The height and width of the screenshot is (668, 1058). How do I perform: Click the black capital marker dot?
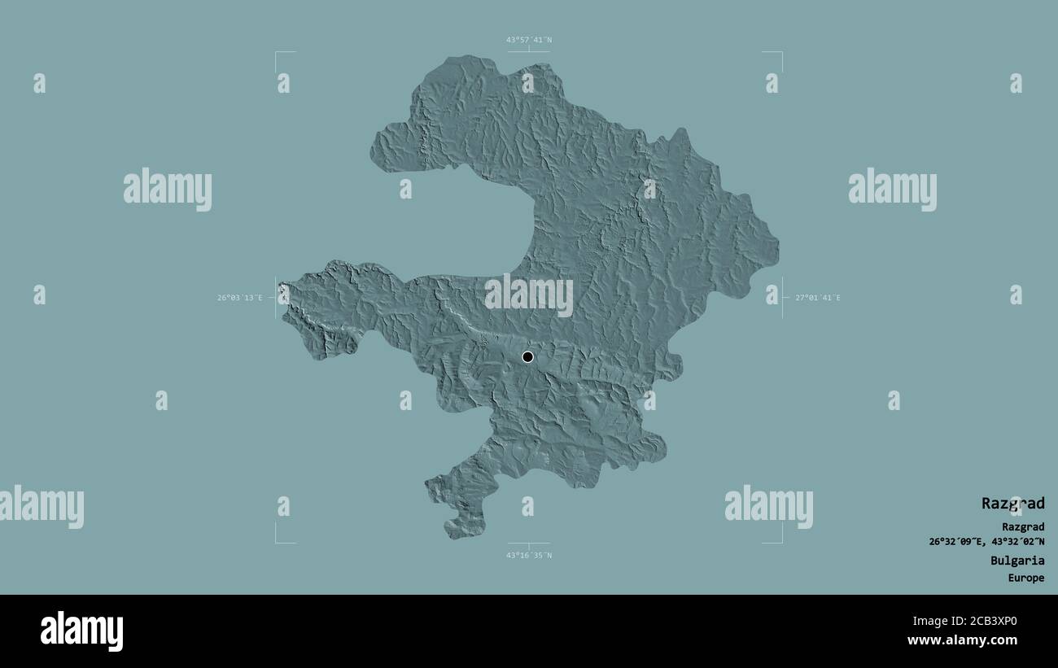[x=527, y=356]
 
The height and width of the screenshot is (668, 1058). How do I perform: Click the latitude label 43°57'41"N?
[x=528, y=39]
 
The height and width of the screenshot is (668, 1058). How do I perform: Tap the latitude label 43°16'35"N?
[x=528, y=556]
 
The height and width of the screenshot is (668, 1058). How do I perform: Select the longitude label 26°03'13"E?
[x=239, y=298]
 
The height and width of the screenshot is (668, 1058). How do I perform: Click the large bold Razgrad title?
[x=1012, y=504]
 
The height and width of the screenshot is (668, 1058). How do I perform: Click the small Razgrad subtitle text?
[x=1023, y=527]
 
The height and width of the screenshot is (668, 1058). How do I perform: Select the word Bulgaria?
[x=1016, y=561]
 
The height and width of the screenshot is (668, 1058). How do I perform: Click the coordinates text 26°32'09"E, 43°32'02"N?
[x=986, y=542]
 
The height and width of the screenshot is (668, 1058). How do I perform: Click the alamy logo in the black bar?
[x=81, y=631]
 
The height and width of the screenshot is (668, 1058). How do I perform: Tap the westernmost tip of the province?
[x=280, y=286]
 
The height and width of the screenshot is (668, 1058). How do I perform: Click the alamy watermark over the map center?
[x=528, y=295]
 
